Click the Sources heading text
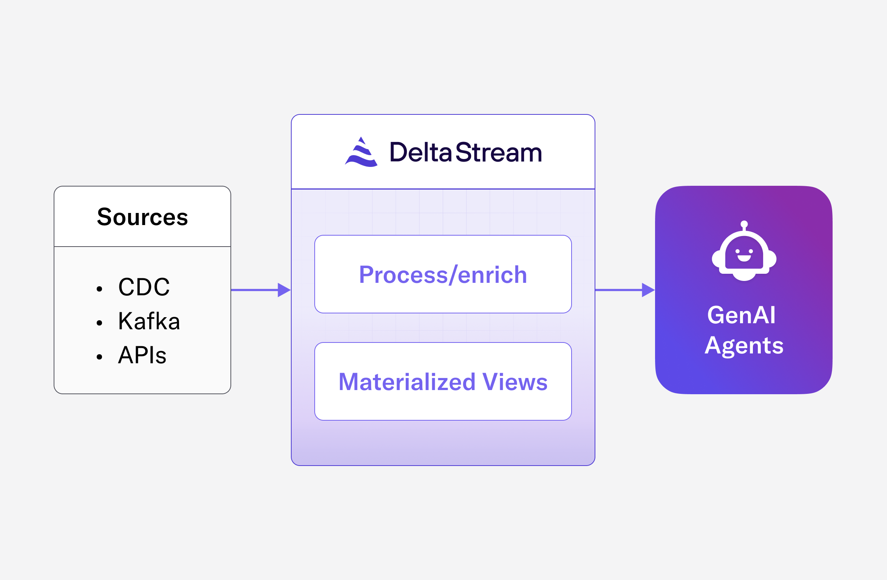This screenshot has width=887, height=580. (142, 217)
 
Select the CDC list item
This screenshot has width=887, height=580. (144, 287)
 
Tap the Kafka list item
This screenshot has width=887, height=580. (149, 321)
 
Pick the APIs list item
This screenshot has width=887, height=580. (142, 355)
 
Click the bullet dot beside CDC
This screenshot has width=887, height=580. (99, 289)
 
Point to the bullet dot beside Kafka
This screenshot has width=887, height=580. (99, 323)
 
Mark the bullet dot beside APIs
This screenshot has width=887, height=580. (99, 357)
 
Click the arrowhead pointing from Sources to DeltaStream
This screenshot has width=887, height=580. (284, 290)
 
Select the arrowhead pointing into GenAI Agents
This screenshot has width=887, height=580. (648, 290)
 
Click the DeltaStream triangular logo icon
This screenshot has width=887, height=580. (361, 153)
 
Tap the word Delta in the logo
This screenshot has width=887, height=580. (420, 153)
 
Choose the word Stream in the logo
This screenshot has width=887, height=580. (499, 153)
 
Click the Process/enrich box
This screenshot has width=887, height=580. (443, 274)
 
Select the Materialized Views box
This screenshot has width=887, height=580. (443, 381)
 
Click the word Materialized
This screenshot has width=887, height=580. (407, 382)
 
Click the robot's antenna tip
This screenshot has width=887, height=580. (744, 224)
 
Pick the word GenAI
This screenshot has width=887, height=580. (741, 315)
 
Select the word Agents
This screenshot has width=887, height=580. (744, 346)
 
